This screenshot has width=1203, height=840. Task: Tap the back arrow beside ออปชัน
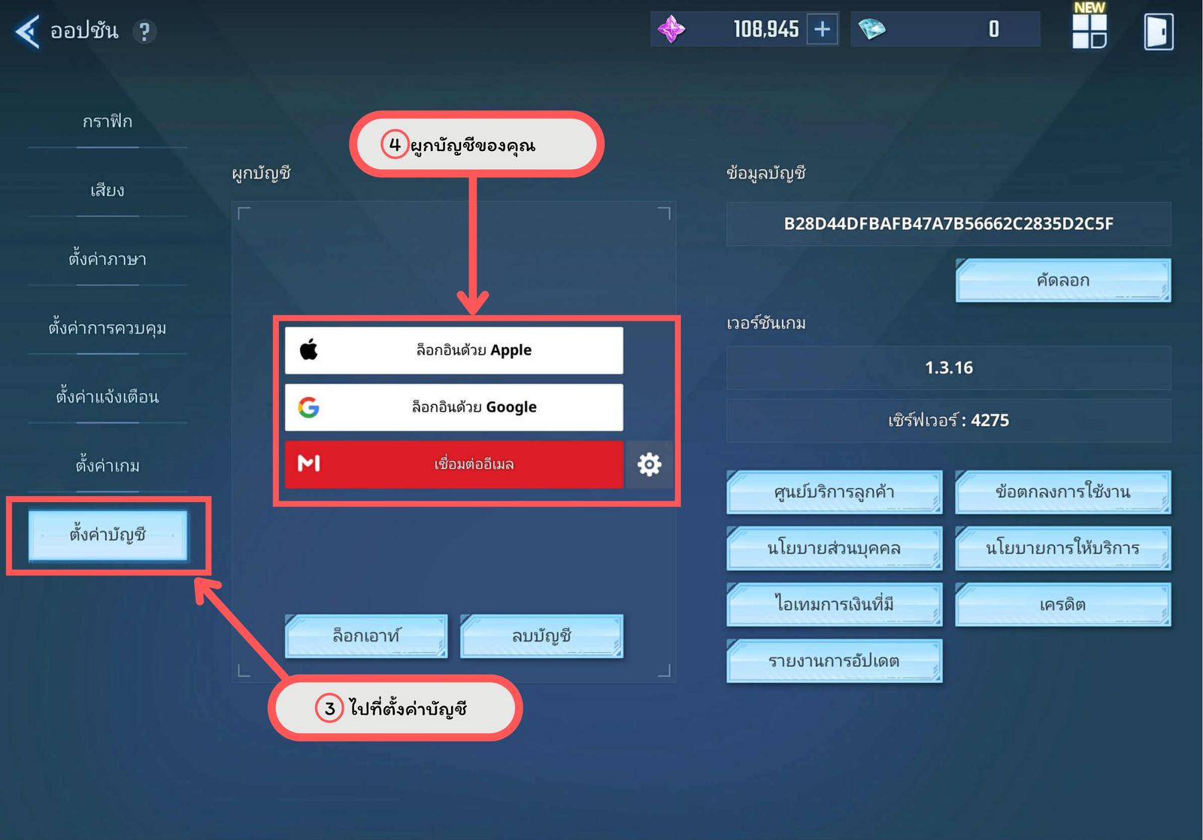(x=27, y=32)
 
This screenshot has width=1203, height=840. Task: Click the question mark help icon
(x=144, y=32)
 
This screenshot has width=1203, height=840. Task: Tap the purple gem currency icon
(x=671, y=29)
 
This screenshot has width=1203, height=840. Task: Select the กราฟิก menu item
(x=108, y=122)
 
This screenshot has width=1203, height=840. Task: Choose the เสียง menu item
(x=108, y=191)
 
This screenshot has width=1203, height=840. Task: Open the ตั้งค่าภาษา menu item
(x=108, y=259)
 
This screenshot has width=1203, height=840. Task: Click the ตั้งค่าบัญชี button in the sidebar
(x=108, y=535)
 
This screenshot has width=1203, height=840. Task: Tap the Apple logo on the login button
(x=309, y=349)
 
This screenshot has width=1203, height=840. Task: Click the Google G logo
(x=309, y=407)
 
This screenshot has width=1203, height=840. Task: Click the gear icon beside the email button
(x=650, y=464)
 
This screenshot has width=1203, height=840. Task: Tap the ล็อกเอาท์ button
(x=366, y=636)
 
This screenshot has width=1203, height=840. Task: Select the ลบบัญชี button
(x=541, y=636)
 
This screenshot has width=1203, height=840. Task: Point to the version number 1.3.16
(x=948, y=367)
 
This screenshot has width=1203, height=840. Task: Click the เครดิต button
(x=1063, y=604)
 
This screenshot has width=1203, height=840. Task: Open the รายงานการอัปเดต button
(x=834, y=660)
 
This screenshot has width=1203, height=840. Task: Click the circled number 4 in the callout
(x=395, y=144)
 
